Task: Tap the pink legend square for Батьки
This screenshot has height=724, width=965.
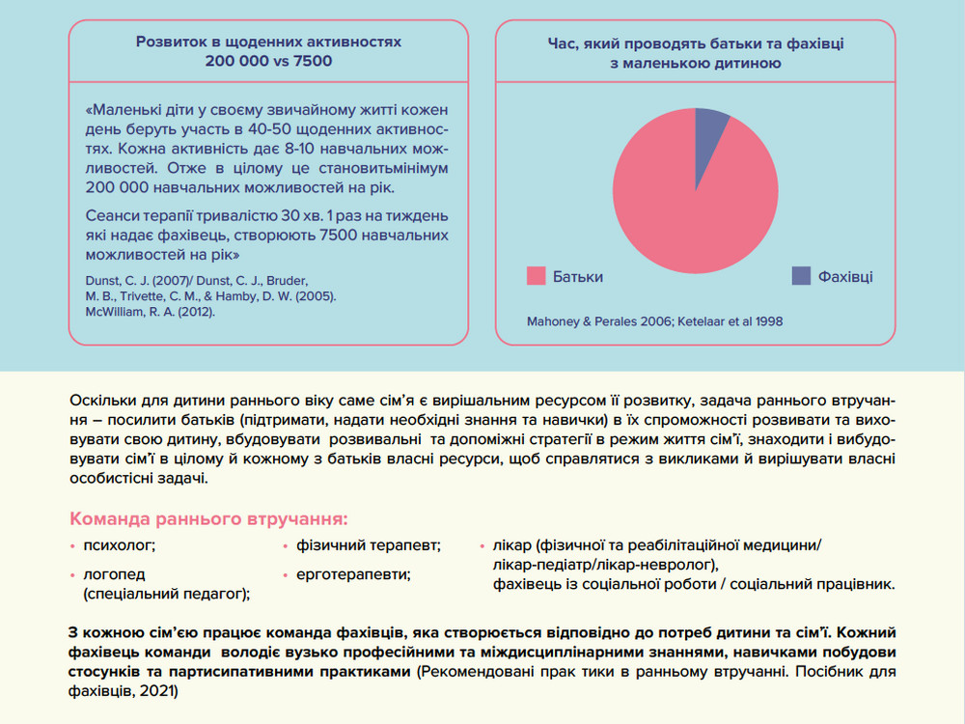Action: click(x=535, y=276)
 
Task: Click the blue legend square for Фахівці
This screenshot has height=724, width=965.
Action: click(x=801, y=276)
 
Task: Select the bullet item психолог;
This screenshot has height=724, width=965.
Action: click(x=120, y=545)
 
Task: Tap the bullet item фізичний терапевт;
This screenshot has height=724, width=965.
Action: click(x=369, y=545)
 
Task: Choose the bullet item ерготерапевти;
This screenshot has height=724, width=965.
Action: click(x=353, y=574)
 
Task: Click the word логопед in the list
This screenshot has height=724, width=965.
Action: click(x=111, y=574)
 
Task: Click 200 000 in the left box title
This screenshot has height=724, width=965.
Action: click(x=237, y=60)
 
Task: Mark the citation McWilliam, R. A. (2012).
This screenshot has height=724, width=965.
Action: click(x=151, y=313)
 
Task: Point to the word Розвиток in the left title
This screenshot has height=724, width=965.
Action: click(x=172, y=42)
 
